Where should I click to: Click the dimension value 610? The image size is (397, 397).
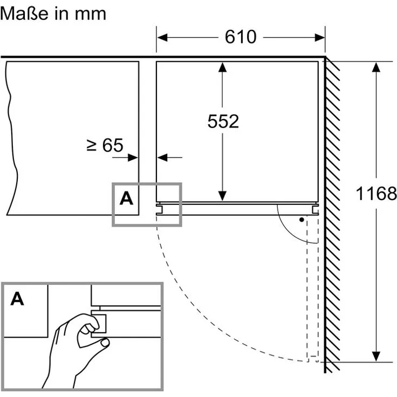241,37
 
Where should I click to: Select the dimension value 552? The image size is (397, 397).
223,121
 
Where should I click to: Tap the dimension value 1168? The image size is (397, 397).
377,194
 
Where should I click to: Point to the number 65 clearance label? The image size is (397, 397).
113,145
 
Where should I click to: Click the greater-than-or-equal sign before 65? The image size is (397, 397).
91,145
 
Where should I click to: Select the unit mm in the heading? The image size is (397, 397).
91,15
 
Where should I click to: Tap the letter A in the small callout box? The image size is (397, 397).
126,198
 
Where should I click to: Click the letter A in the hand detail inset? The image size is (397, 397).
17,299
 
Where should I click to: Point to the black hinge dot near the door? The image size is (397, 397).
302,220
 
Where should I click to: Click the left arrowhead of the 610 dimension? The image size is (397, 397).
162,37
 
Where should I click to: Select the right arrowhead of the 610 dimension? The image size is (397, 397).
320,37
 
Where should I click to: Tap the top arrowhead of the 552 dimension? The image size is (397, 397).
222,67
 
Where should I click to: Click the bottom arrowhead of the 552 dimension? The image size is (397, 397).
222,196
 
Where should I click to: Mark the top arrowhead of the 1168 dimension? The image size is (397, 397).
377,67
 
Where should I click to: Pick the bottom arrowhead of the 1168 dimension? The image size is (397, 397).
377,357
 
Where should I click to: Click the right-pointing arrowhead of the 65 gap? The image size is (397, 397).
133,158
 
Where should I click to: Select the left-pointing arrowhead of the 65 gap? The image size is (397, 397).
162,158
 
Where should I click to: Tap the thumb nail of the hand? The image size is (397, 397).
105,343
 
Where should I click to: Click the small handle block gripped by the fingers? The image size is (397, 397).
99,324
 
